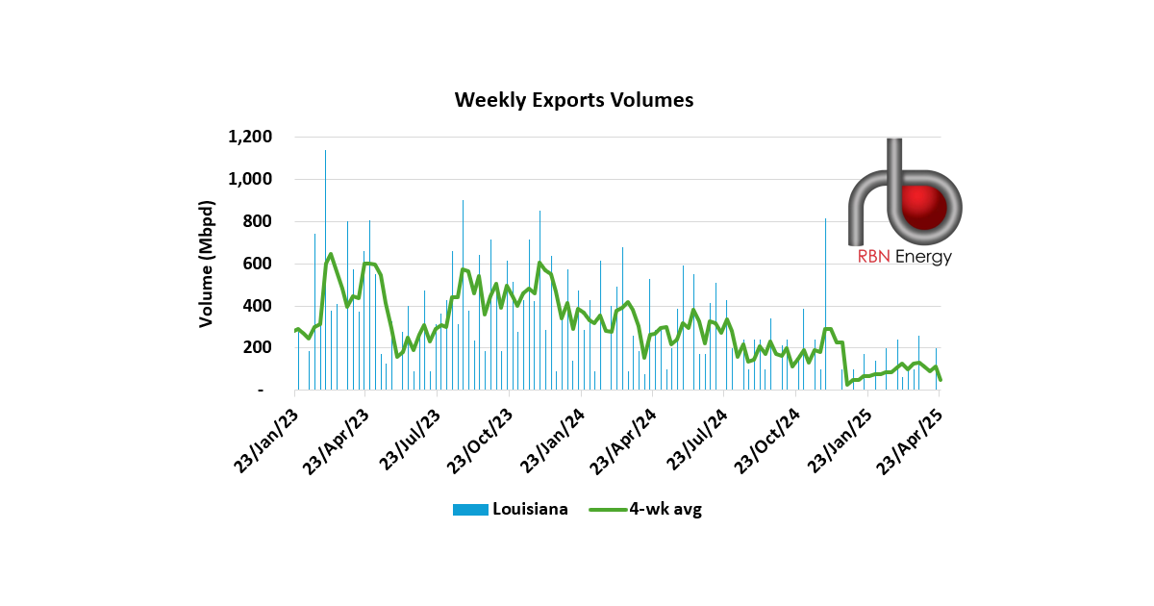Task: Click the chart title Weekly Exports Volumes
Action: [x=573, y=100]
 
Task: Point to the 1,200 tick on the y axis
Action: [x=251, y=137]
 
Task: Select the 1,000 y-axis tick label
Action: [x=251, y=179]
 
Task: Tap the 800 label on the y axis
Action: [x=260, y=221]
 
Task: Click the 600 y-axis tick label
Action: [x=260, y=264]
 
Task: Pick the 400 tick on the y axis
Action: [x=260, y=306]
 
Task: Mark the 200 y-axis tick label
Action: [x=260, y=348]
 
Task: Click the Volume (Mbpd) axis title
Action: [x=207, y=264]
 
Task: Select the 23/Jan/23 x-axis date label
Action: [x=265, y=439]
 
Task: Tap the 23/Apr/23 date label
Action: [x=337, y=439]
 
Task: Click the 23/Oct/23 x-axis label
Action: [x=481, y=439]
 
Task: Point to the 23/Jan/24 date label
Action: [x=553, y=439]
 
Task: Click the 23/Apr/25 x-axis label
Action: [x=912, y=439]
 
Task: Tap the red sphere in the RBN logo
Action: [x=931, y=207]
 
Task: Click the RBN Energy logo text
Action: [x=904, y=257]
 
